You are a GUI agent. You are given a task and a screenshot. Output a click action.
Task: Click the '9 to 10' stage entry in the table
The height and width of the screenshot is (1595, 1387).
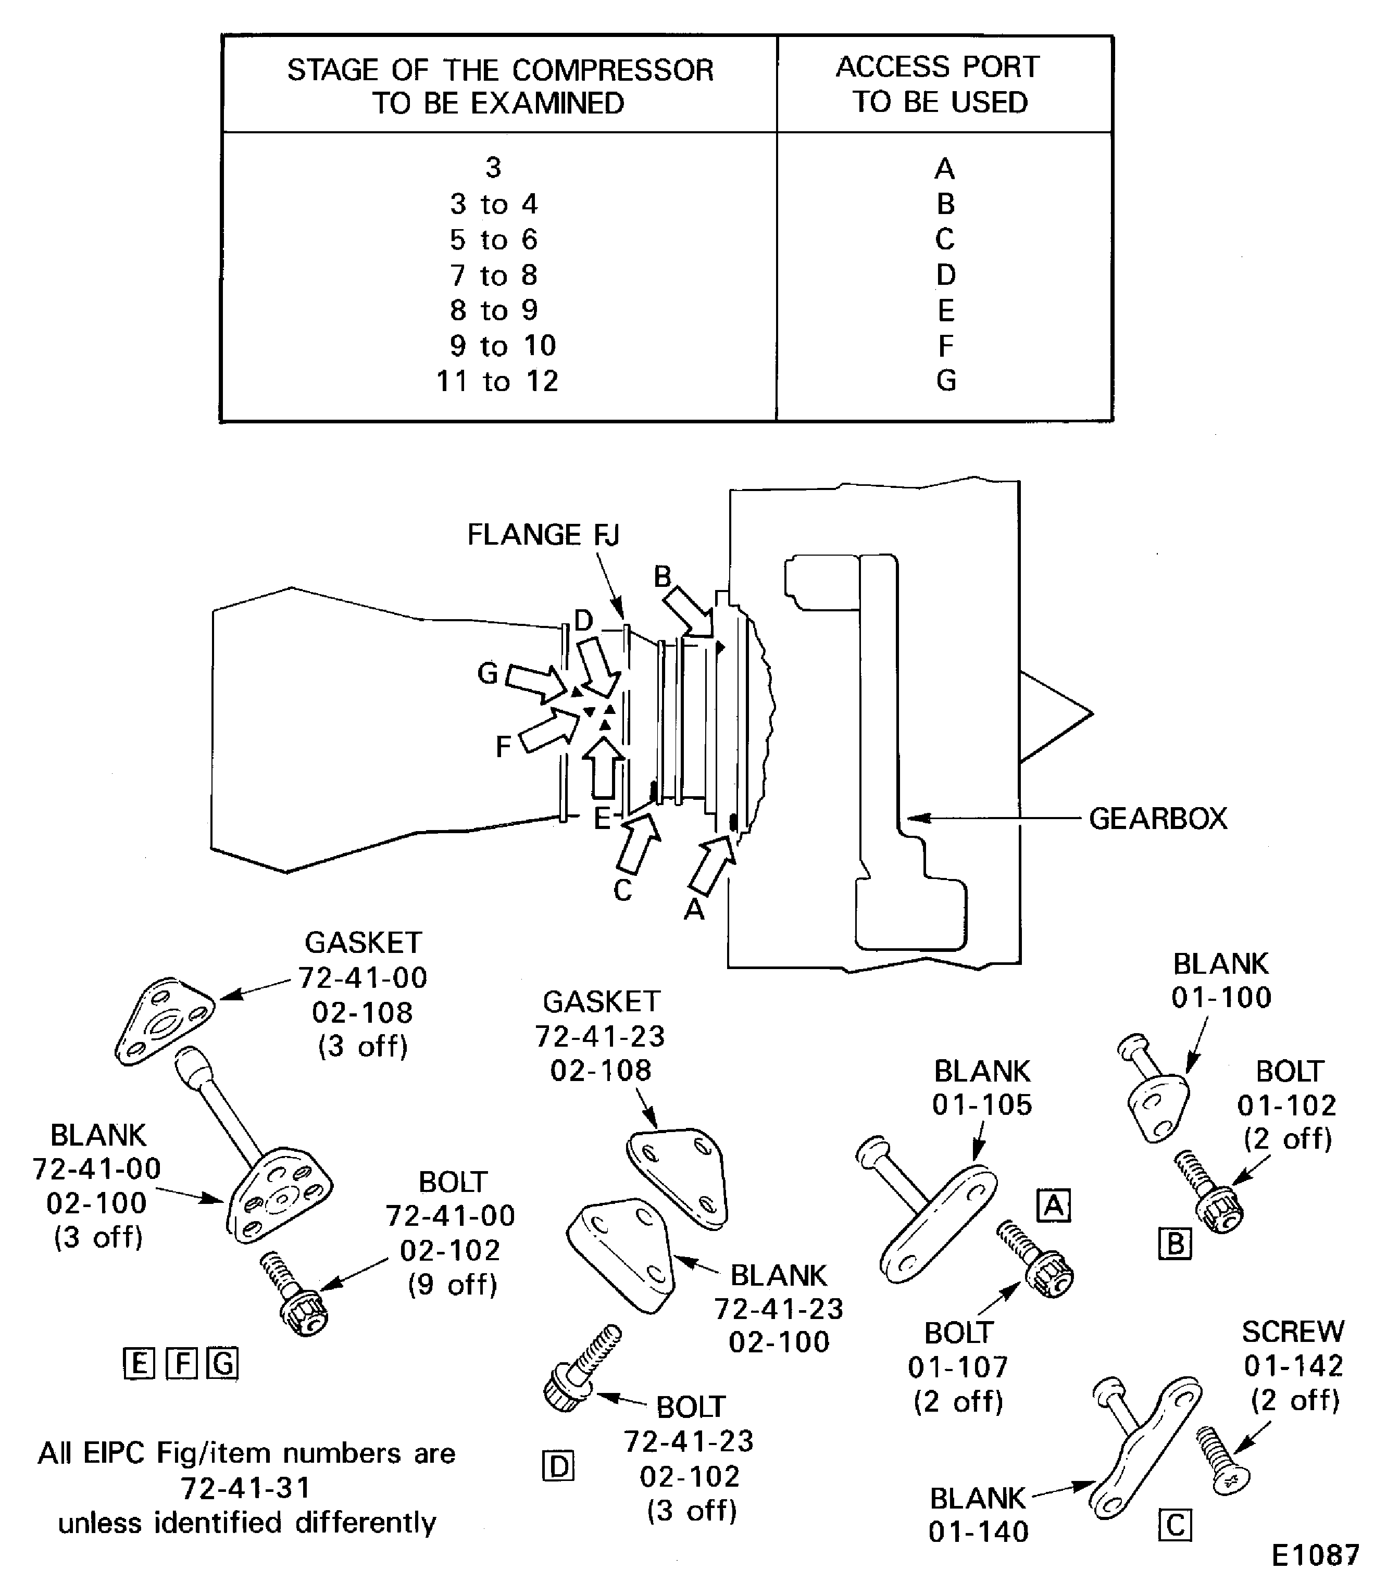pyautogui.click(x=503, y=346)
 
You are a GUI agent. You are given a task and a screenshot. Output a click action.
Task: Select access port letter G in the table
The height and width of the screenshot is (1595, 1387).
pyautogui.click(x=945, y=381)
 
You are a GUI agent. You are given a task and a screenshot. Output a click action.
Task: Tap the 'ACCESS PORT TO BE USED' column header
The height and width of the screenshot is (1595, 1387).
pyautogui.click(x=939, y=84)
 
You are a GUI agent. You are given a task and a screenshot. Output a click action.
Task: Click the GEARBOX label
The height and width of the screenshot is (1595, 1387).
pyautogui.click(x=1157, y=819)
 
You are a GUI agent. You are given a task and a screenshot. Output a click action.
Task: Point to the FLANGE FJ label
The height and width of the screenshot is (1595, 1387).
pyautogui.click(x=543, y=535)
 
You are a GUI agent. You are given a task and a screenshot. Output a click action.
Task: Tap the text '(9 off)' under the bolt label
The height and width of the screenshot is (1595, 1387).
pyautogui.click(x=453, y=1285)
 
